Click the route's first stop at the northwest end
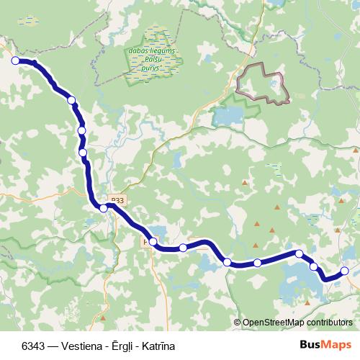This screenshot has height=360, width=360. click(x=15, y=61)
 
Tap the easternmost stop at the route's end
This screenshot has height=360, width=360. click(x=345, y=271)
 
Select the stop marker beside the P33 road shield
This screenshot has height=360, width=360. click(x=104, y=208)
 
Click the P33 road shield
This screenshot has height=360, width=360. click(x=118, y=200)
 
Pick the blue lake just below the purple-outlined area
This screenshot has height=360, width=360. click(x=229, y=115)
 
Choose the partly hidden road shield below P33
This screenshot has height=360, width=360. click(x=147, y=243)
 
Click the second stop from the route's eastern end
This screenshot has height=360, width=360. click(x=314, y=266)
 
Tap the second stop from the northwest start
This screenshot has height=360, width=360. click(x=71, y=99)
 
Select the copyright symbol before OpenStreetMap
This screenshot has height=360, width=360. click(x=238, y=323)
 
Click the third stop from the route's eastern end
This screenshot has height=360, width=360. click(x=299, y=253)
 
